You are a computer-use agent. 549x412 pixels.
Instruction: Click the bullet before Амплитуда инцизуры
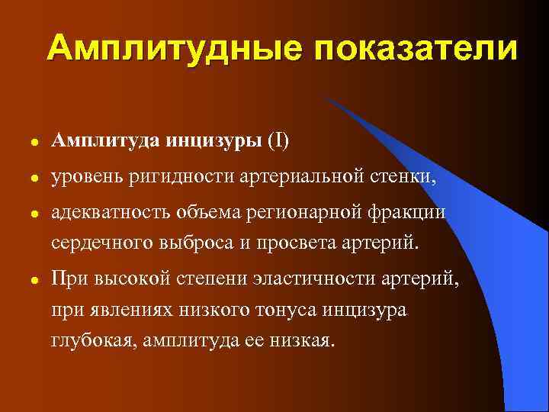[x=25, y=143]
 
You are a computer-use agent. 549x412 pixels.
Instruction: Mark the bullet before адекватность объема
[x=25, y=215]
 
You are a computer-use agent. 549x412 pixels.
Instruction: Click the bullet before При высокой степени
[x=25, y=282]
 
